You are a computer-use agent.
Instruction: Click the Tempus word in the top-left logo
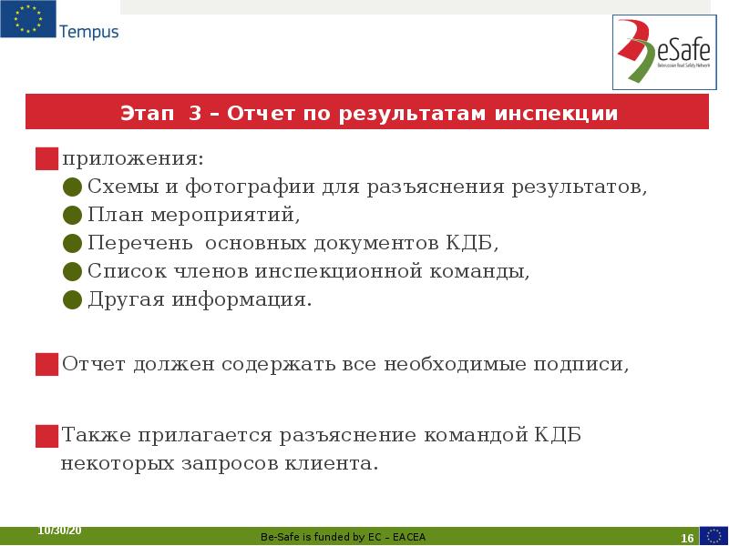88,32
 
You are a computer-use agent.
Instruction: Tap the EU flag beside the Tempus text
27,19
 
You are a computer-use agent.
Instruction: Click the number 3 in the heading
195,114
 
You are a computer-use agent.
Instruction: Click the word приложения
133,159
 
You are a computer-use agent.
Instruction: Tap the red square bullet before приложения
46,159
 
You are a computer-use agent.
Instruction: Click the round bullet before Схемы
73,187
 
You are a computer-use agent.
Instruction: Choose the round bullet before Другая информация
73,300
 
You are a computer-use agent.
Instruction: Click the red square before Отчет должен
46,365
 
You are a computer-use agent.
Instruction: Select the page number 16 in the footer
687,538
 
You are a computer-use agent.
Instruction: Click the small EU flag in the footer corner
714,535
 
